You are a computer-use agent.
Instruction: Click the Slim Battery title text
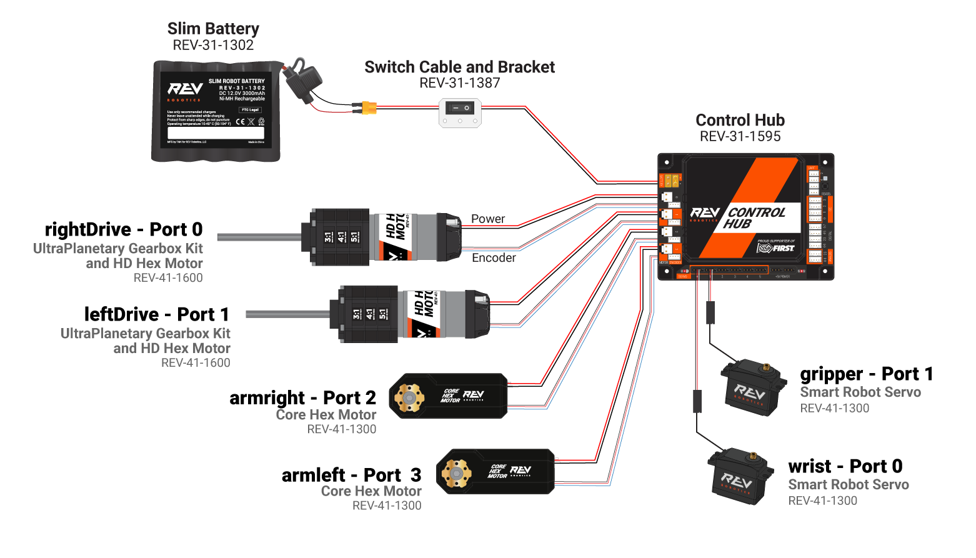coord(213,29)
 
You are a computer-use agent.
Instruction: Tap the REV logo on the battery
coord(185,89)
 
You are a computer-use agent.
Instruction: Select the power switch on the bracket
coord(460,109)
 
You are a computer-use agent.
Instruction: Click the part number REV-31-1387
coord(459,83)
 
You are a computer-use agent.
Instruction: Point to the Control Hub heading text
coord(740,120)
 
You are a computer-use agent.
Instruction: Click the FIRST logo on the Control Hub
coord(775,248)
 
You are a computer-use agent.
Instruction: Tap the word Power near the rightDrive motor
coord(488,219)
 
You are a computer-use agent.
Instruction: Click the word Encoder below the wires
coord(494,258)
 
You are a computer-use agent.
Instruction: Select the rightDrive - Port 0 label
coord(124,229)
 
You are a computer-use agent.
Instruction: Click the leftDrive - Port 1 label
coord(157,314)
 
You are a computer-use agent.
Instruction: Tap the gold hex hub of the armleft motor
coord(456,473)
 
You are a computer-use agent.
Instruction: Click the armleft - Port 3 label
coord(351,475)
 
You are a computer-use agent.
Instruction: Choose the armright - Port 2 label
coord(302,398)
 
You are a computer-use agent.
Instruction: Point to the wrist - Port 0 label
coord(845,466)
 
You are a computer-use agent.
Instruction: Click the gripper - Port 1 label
coord(867,374)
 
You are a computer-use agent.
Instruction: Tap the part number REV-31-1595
coord(740,136)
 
